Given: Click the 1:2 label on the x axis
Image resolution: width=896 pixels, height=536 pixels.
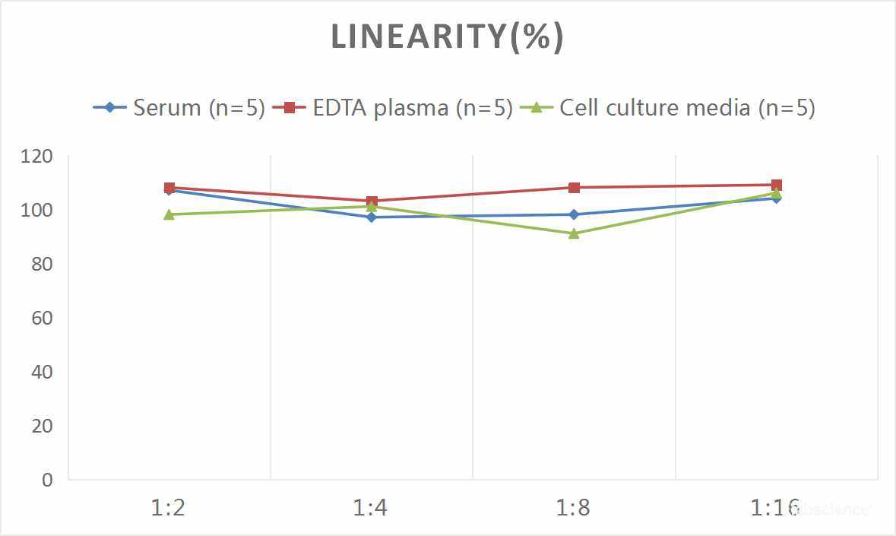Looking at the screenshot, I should point(169,507).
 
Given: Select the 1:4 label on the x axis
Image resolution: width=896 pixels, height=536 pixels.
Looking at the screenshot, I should point(371,507).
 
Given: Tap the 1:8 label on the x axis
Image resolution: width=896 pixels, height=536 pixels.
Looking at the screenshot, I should point(573,507).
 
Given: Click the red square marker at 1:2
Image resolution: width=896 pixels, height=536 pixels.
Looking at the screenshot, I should point(169,188).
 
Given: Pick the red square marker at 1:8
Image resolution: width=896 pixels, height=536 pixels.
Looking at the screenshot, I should point(574,188).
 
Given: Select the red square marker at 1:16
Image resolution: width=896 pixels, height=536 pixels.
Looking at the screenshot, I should point(777,185).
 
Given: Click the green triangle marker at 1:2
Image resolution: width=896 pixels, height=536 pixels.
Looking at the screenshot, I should point(169,214).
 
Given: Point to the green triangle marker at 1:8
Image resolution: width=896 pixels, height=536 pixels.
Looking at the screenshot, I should point(574,233).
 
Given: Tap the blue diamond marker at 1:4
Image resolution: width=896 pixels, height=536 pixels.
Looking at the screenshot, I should point(372,217).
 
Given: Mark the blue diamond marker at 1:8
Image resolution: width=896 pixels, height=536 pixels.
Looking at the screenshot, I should point(574,214).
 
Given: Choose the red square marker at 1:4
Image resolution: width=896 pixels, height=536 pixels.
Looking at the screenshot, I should point(372,201).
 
